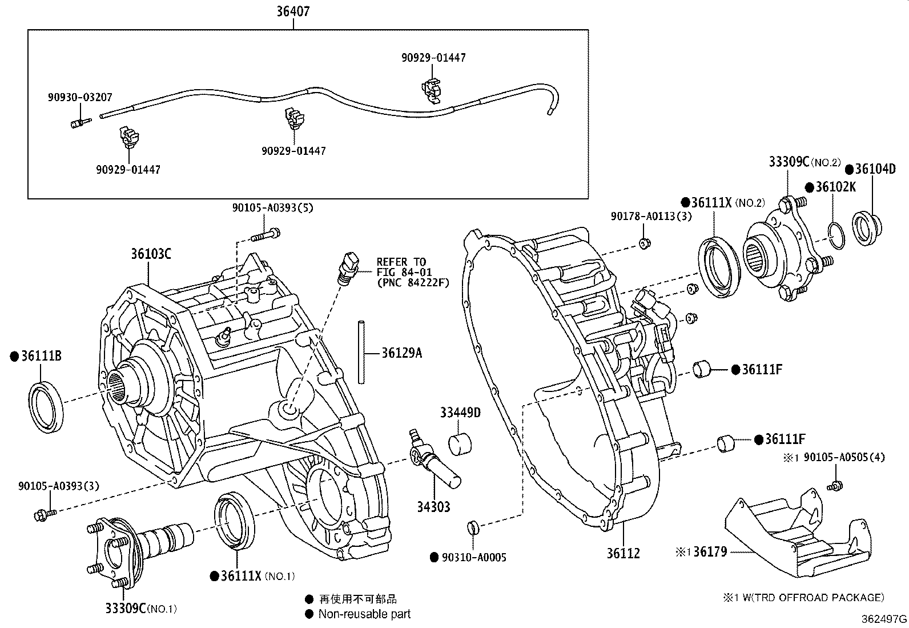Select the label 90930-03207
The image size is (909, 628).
[79, 98]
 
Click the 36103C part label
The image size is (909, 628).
[151, 254]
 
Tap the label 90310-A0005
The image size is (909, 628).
[473, 557]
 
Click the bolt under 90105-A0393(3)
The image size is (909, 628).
[45, 514]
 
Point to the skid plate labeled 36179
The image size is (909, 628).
[799, 534]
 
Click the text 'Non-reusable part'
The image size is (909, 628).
[364, 614]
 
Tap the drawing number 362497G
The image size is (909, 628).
[884, 619]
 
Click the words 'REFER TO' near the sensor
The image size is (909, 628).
[400, 262]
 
